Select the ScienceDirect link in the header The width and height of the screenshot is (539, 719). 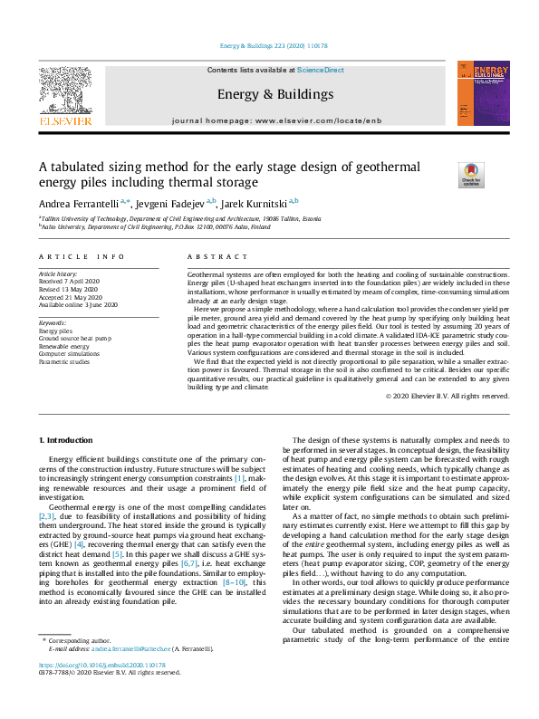click(321, 70)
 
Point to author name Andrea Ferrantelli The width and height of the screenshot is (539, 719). click(76, 202)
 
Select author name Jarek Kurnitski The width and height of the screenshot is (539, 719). click(257, 202)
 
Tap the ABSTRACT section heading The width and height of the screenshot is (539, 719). click(210, 257)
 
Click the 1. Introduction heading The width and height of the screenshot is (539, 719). click(68, 440)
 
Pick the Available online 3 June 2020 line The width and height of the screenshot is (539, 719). click(78, 305)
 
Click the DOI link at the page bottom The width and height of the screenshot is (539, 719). click(102, 691)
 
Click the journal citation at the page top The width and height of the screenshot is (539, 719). click(269, 45)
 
